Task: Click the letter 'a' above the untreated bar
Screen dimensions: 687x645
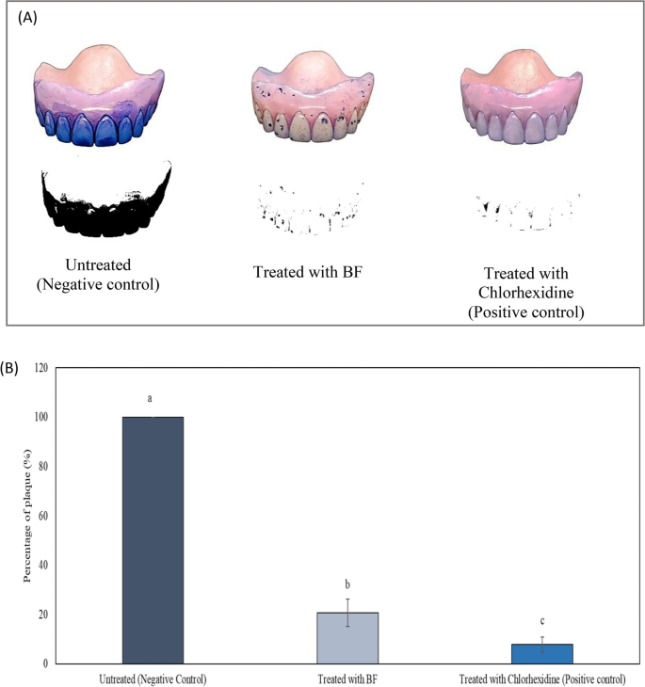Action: tap(153, 398)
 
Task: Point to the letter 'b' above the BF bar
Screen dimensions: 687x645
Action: tap(347, 583)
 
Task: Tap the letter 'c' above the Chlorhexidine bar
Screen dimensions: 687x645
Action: tap(542, 621)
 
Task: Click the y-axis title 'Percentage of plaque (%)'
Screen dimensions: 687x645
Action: tap(28, 516)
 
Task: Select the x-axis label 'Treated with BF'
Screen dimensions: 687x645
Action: tap(347, 678)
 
